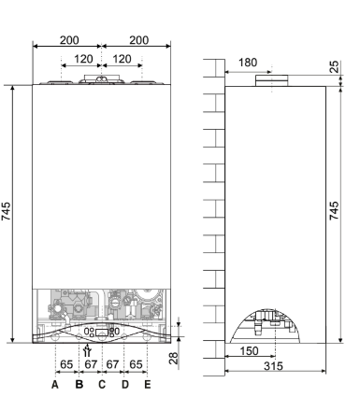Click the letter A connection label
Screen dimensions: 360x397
(x=55, y=385)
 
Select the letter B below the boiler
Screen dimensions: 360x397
(x=79, y=385)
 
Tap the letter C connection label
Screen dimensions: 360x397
(x=102, y=385)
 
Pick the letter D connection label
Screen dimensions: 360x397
(x=124, y=385)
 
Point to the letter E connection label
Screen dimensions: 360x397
(x=148, y=385)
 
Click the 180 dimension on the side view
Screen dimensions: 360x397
(x=248, y=63)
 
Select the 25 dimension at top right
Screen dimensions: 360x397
(x=334, y=66)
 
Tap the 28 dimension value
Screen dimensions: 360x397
(x=173, y=358)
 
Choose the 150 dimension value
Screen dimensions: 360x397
(x=250, y=351)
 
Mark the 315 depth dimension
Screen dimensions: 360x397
(x=273, y=366)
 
